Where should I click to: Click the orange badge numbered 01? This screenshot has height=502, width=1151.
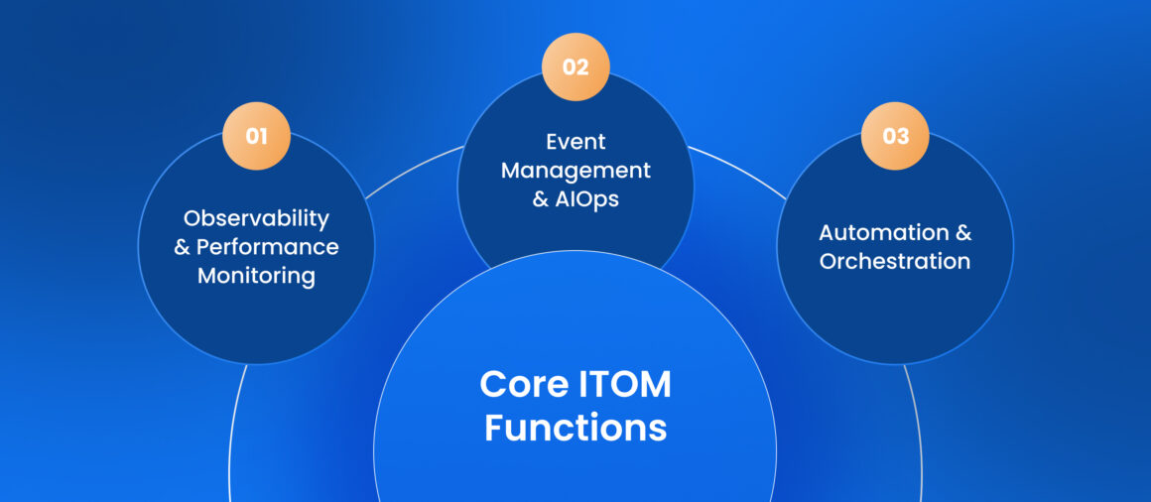[x=256, y=136]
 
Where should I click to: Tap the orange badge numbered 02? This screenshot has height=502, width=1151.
[x=575, y=67]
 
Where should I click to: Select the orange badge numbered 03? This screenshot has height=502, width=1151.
[x=895, y=136]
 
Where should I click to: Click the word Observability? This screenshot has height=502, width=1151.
[x=256, y=218]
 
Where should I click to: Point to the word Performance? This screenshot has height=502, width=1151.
[x=267, y=247]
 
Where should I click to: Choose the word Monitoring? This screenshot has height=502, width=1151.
[x=256, y=276]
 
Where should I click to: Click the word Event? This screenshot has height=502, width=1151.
[x=575, y=142]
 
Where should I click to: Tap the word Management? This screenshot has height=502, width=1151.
[x=575, y=170]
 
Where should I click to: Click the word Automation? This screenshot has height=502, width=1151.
[x=874, y=233]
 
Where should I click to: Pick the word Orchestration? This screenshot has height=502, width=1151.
[x=895, y=262]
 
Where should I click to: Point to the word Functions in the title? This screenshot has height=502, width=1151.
[x=575, y=428]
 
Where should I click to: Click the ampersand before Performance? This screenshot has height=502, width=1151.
[x=183, y=247]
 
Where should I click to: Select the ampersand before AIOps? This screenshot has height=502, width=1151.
[x=541, y=199]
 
